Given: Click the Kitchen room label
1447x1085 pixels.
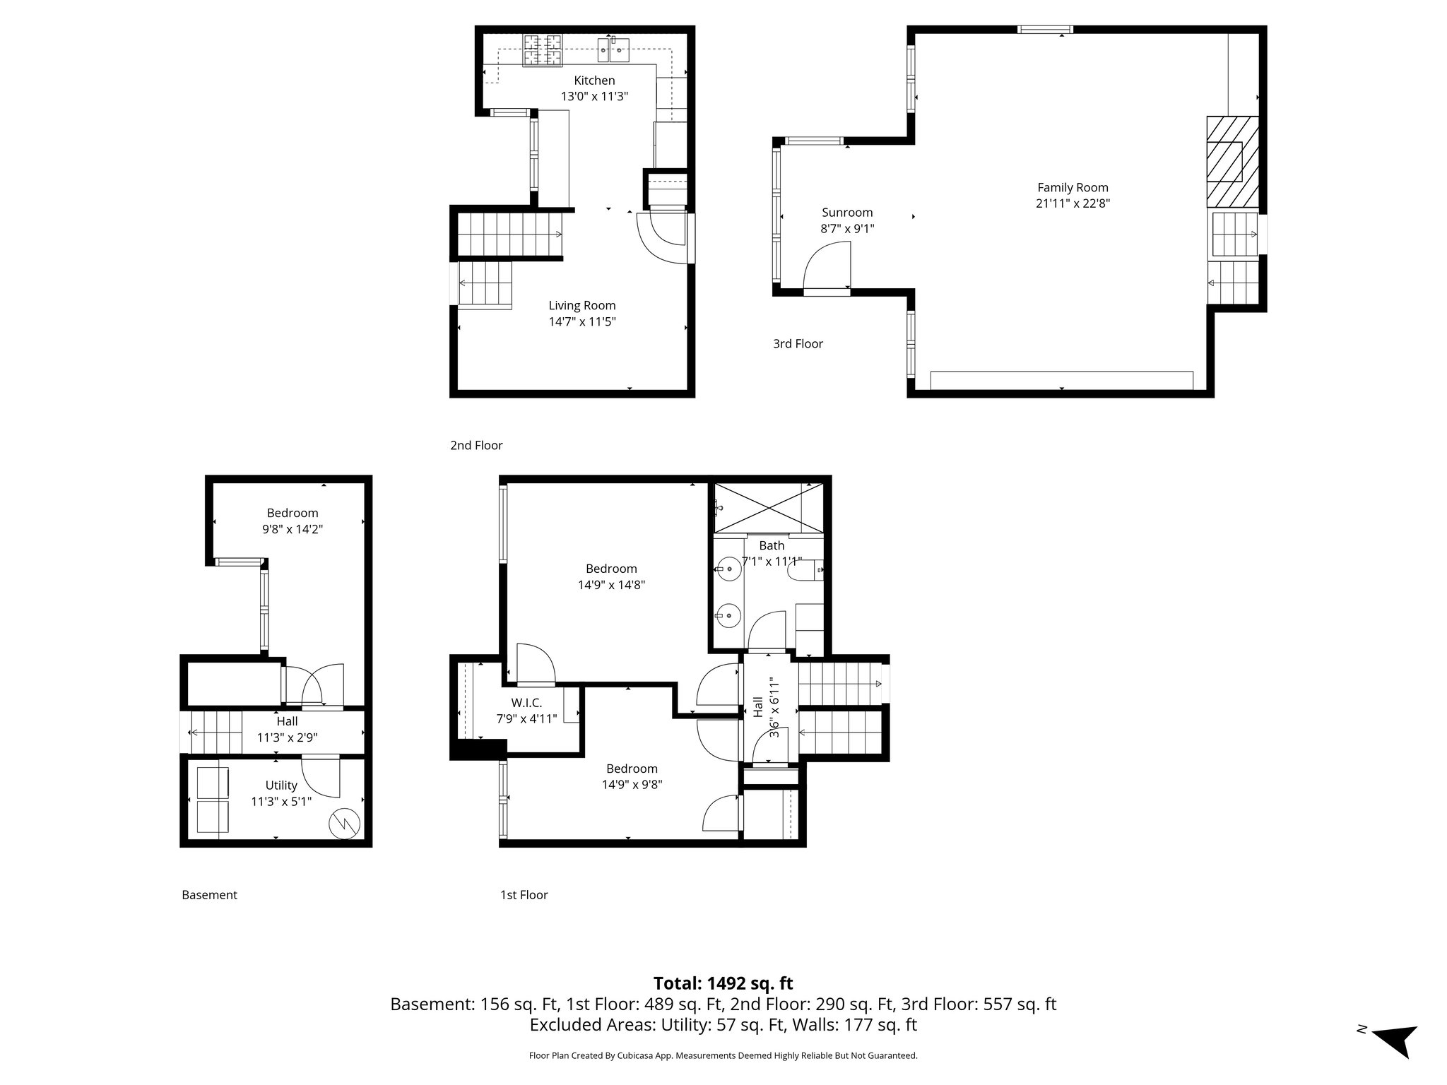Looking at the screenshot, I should coord(593,81).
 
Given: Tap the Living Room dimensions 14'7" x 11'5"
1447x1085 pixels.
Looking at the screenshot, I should coord(581,322).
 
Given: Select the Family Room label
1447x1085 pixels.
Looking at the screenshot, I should coord(1072,188).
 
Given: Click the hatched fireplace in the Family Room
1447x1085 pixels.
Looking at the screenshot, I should coord(1232,162).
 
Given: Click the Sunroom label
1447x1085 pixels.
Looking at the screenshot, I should coord(846,213).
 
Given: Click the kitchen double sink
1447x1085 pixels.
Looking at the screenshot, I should coord(613,49).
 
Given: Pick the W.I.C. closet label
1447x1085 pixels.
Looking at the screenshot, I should coord(526,703).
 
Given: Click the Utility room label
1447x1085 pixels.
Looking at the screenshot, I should coord(281,785).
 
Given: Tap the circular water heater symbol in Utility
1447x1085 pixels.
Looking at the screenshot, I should coord(344,823).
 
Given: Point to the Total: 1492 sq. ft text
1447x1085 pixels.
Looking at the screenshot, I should coord(723,983).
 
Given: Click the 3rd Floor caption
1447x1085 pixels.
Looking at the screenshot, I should coord(798,344).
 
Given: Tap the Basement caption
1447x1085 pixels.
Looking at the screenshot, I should coord(209,895).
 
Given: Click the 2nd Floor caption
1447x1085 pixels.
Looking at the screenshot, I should coord(476,446).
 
